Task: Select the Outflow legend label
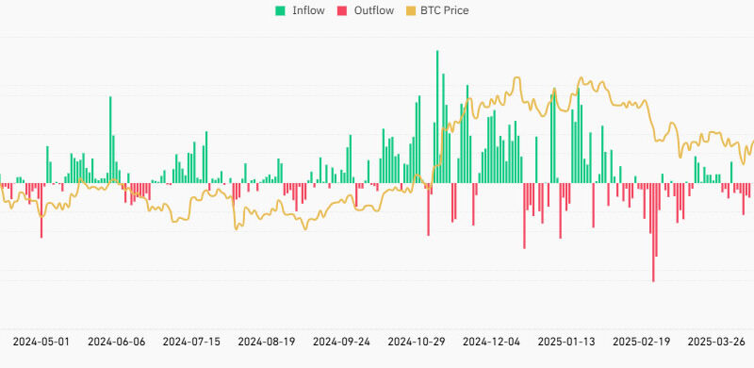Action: point(375,10)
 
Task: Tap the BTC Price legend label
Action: point(442,10)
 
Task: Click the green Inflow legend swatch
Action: point(280,10)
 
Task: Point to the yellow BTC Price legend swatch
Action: point(410,10)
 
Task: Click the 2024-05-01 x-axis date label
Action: point(41,341)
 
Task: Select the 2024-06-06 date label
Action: point(116,341)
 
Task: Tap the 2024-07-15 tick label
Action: point(191,341)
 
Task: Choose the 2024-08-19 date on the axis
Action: point(267,341)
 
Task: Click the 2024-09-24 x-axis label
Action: point(342,341)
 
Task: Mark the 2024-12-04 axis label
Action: point(493,341)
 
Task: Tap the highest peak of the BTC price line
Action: point(581,78)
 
